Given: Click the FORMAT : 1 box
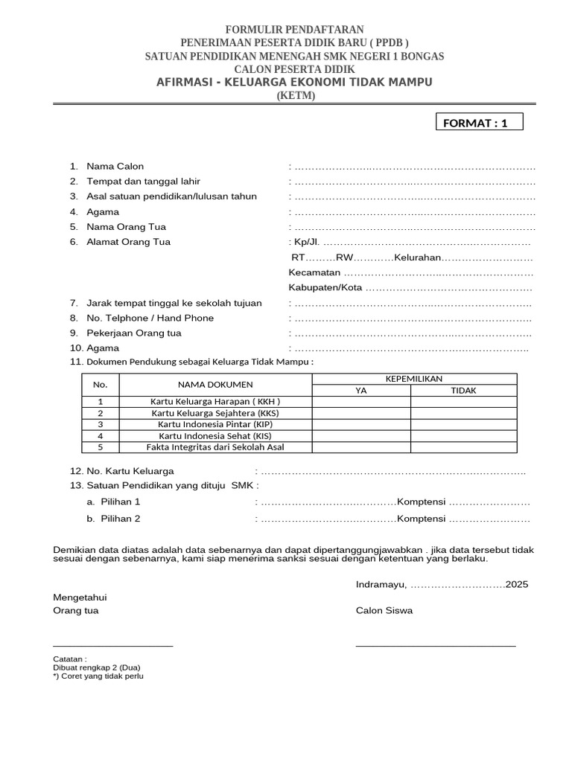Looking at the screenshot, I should [x=479, y=122].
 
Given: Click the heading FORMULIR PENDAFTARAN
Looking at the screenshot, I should [x=286, y=30].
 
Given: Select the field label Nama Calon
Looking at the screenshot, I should [x=115, y=166].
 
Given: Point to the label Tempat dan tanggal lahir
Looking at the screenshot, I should [x=143, y=181].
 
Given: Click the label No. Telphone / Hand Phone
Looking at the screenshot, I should [x=150, y=318].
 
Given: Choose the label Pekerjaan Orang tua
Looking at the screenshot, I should [x=134, y=333].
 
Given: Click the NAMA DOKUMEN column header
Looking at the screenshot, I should [x=215, y=385].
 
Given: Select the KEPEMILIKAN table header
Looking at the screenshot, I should [x=414, y=379].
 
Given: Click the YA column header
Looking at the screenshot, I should [x=361, y=390].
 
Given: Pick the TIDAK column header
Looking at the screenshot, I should [x=464, y=390].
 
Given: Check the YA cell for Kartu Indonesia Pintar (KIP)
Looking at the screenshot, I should [x=361, y=424].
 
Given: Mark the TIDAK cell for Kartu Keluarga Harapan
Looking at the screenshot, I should [x=464, y=402].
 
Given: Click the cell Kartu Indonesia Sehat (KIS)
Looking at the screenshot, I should [x=215, y=435].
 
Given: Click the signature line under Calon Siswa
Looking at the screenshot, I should [x=436, y=645].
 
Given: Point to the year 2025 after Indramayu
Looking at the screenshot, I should [x=517, y=584].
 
